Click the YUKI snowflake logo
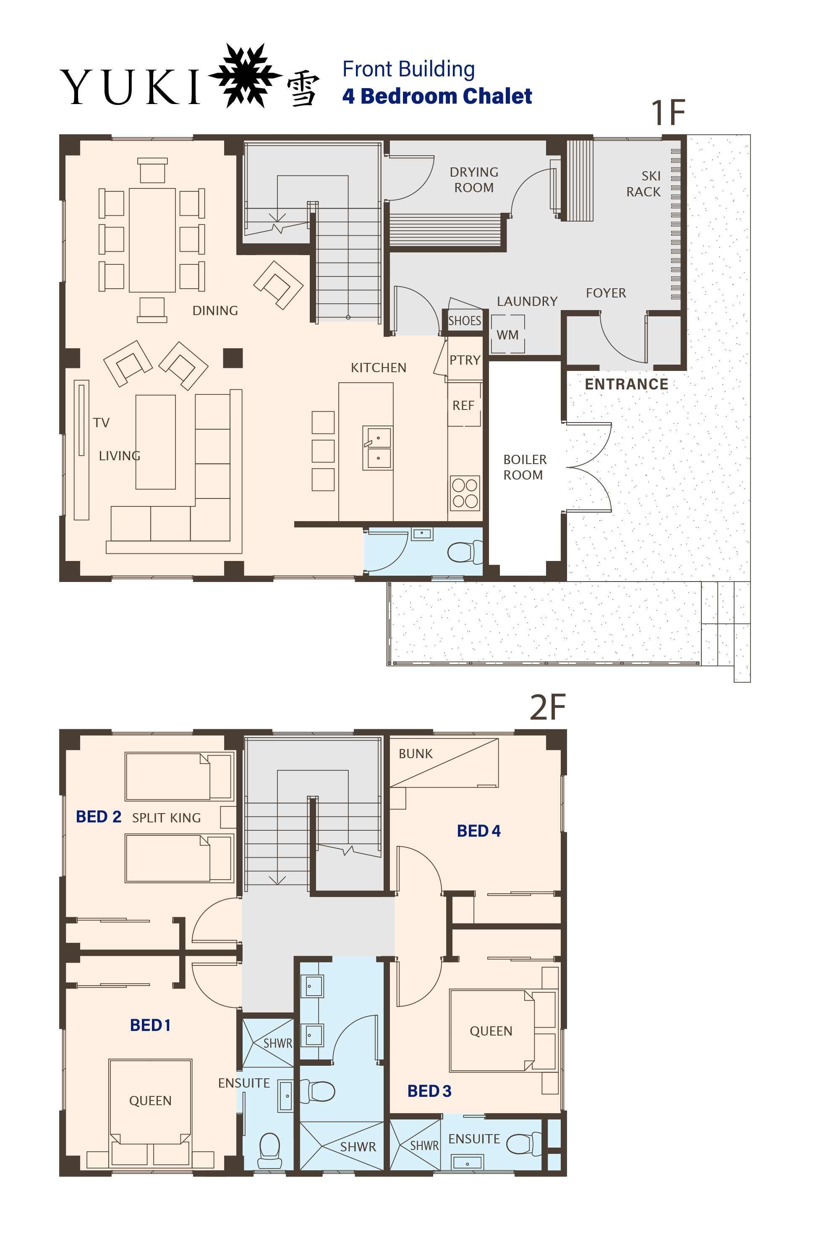click(245, 76)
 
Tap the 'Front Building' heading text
click(408, 69)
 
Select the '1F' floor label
click(668, 112)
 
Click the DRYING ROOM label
click(474, 180)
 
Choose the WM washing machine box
click(507, 334)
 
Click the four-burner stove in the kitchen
click(465, 493)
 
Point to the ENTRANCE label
click(626, 384)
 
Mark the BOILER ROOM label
click(525, 467)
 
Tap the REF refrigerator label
click(463, 405)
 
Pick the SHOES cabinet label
click(465, 321)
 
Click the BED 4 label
click(478, 831)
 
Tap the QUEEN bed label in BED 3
click(491, 1031)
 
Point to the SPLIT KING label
click(166, 818)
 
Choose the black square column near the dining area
click(233, 358)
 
